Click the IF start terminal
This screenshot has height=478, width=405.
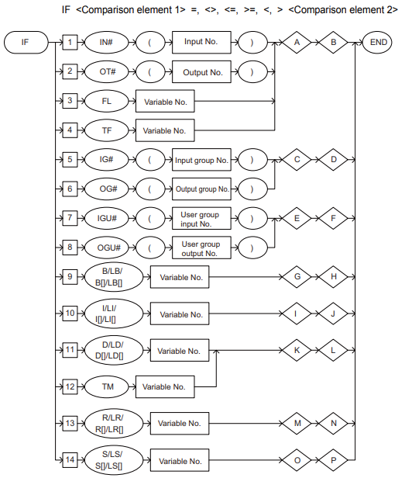26,43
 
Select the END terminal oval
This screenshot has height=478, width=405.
378,43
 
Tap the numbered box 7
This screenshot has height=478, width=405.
70,218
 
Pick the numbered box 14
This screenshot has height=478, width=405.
70,459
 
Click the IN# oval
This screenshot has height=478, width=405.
107,43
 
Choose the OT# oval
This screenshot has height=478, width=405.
107,72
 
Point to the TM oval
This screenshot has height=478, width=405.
107,386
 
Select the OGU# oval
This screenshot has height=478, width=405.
107,248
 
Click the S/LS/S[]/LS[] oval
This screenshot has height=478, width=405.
114,459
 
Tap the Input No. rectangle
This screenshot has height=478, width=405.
201,43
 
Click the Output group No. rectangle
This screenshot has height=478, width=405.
201,189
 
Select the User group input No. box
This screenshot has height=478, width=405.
201,218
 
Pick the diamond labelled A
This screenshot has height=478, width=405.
297,43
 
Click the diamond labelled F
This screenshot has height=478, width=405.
333,218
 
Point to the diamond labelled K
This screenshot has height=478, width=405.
297,350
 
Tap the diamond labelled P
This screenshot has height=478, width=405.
333,460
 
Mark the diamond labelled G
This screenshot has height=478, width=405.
297,277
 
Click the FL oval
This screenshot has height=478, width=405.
107,101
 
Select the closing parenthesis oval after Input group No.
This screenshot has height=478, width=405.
252,160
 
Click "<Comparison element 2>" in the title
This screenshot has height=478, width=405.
343,10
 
